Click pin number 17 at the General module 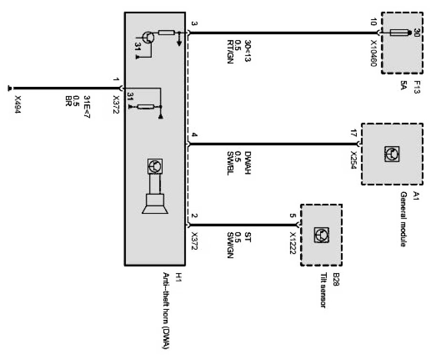click(353, 133)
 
